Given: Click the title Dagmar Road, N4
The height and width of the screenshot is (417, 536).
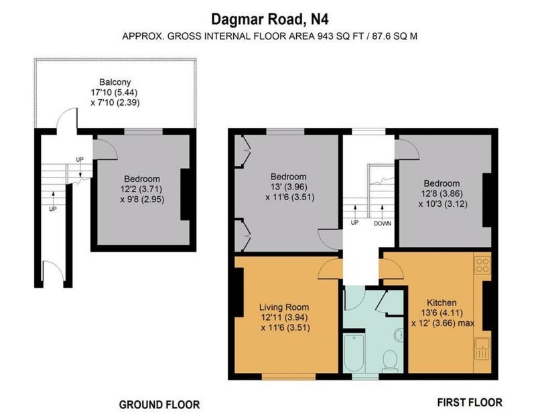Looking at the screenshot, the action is coord(270,19).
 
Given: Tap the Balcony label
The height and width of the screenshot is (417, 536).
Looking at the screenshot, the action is coord(115,82).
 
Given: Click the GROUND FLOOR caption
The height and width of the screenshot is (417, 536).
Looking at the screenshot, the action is coord(159,405).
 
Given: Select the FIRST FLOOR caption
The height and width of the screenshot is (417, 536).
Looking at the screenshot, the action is coord(470,402).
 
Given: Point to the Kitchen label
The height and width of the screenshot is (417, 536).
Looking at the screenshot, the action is coord(442,303).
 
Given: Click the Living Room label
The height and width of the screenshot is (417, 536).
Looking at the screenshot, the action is coord(284,307).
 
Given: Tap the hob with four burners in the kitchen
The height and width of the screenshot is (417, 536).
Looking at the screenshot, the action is coord(482,265).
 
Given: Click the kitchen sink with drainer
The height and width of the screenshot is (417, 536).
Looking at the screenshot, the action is coord(482,349).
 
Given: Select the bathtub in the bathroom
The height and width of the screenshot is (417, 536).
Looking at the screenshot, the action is coord(354,353).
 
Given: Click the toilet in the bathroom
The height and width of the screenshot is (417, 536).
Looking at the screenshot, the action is coord(390,361).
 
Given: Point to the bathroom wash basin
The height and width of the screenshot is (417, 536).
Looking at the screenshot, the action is coord(399,335).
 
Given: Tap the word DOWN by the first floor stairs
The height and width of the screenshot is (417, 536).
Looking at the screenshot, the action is coord(382,224).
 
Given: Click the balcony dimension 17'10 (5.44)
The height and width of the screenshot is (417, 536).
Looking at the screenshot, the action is coord(115,92).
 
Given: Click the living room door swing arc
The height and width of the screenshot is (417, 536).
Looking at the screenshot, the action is coord(328,268).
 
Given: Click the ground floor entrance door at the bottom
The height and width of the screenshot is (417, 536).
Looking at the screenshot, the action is coord(53,270).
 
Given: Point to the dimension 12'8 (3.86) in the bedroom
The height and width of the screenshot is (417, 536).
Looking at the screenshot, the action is coord(442,193).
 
